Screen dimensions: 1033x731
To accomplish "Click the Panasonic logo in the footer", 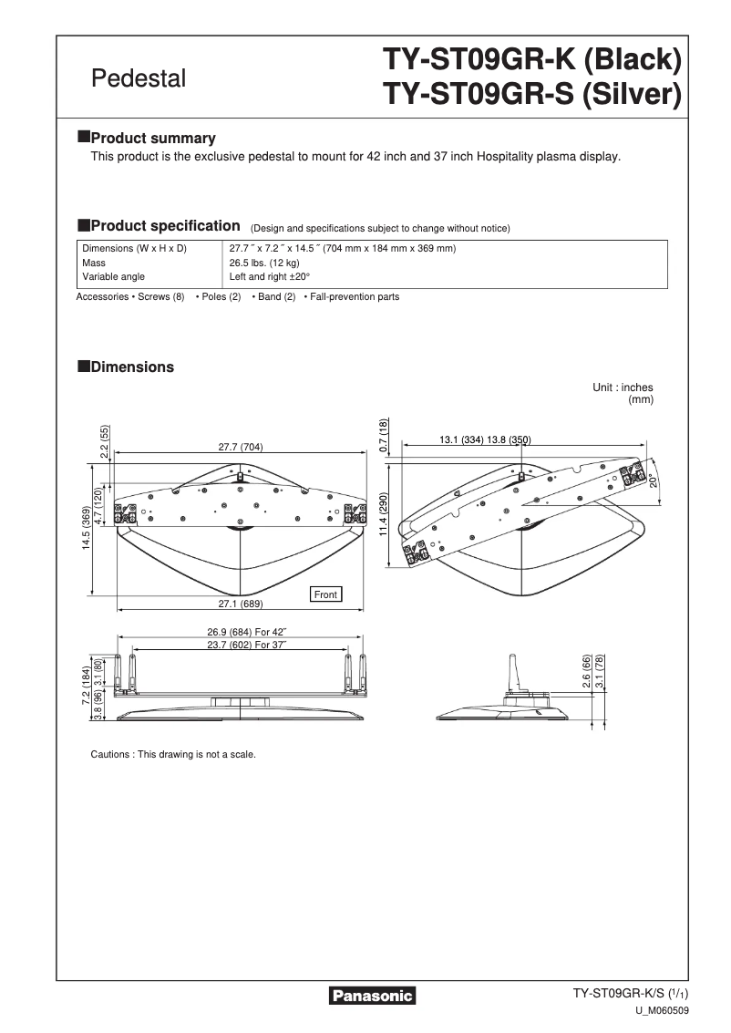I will [371, 996].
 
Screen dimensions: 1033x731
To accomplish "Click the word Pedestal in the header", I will [139, 78].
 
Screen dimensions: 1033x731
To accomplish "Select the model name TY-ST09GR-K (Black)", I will [532, 61].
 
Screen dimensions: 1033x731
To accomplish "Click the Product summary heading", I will [153, 139].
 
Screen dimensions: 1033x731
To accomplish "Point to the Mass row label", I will [94, 263].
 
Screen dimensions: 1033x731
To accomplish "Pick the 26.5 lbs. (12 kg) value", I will [264, 263].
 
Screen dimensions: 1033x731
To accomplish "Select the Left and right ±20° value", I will [270, 276].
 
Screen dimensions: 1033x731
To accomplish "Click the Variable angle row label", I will [113, 276].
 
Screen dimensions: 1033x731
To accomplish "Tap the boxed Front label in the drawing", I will [325, 594].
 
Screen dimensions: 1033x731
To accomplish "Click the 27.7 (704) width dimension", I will [240, 447].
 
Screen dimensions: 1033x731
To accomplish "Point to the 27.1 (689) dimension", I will [240, 604].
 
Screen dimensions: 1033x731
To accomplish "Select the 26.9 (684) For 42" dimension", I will [246, 633].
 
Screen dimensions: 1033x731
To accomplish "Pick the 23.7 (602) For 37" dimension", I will [246, 646].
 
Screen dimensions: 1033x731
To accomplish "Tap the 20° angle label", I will [654, 480].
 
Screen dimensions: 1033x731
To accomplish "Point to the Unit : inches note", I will [623, 387].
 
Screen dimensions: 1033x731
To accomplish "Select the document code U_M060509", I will [662, 1011].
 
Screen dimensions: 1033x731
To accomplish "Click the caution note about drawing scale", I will [173, 755].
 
